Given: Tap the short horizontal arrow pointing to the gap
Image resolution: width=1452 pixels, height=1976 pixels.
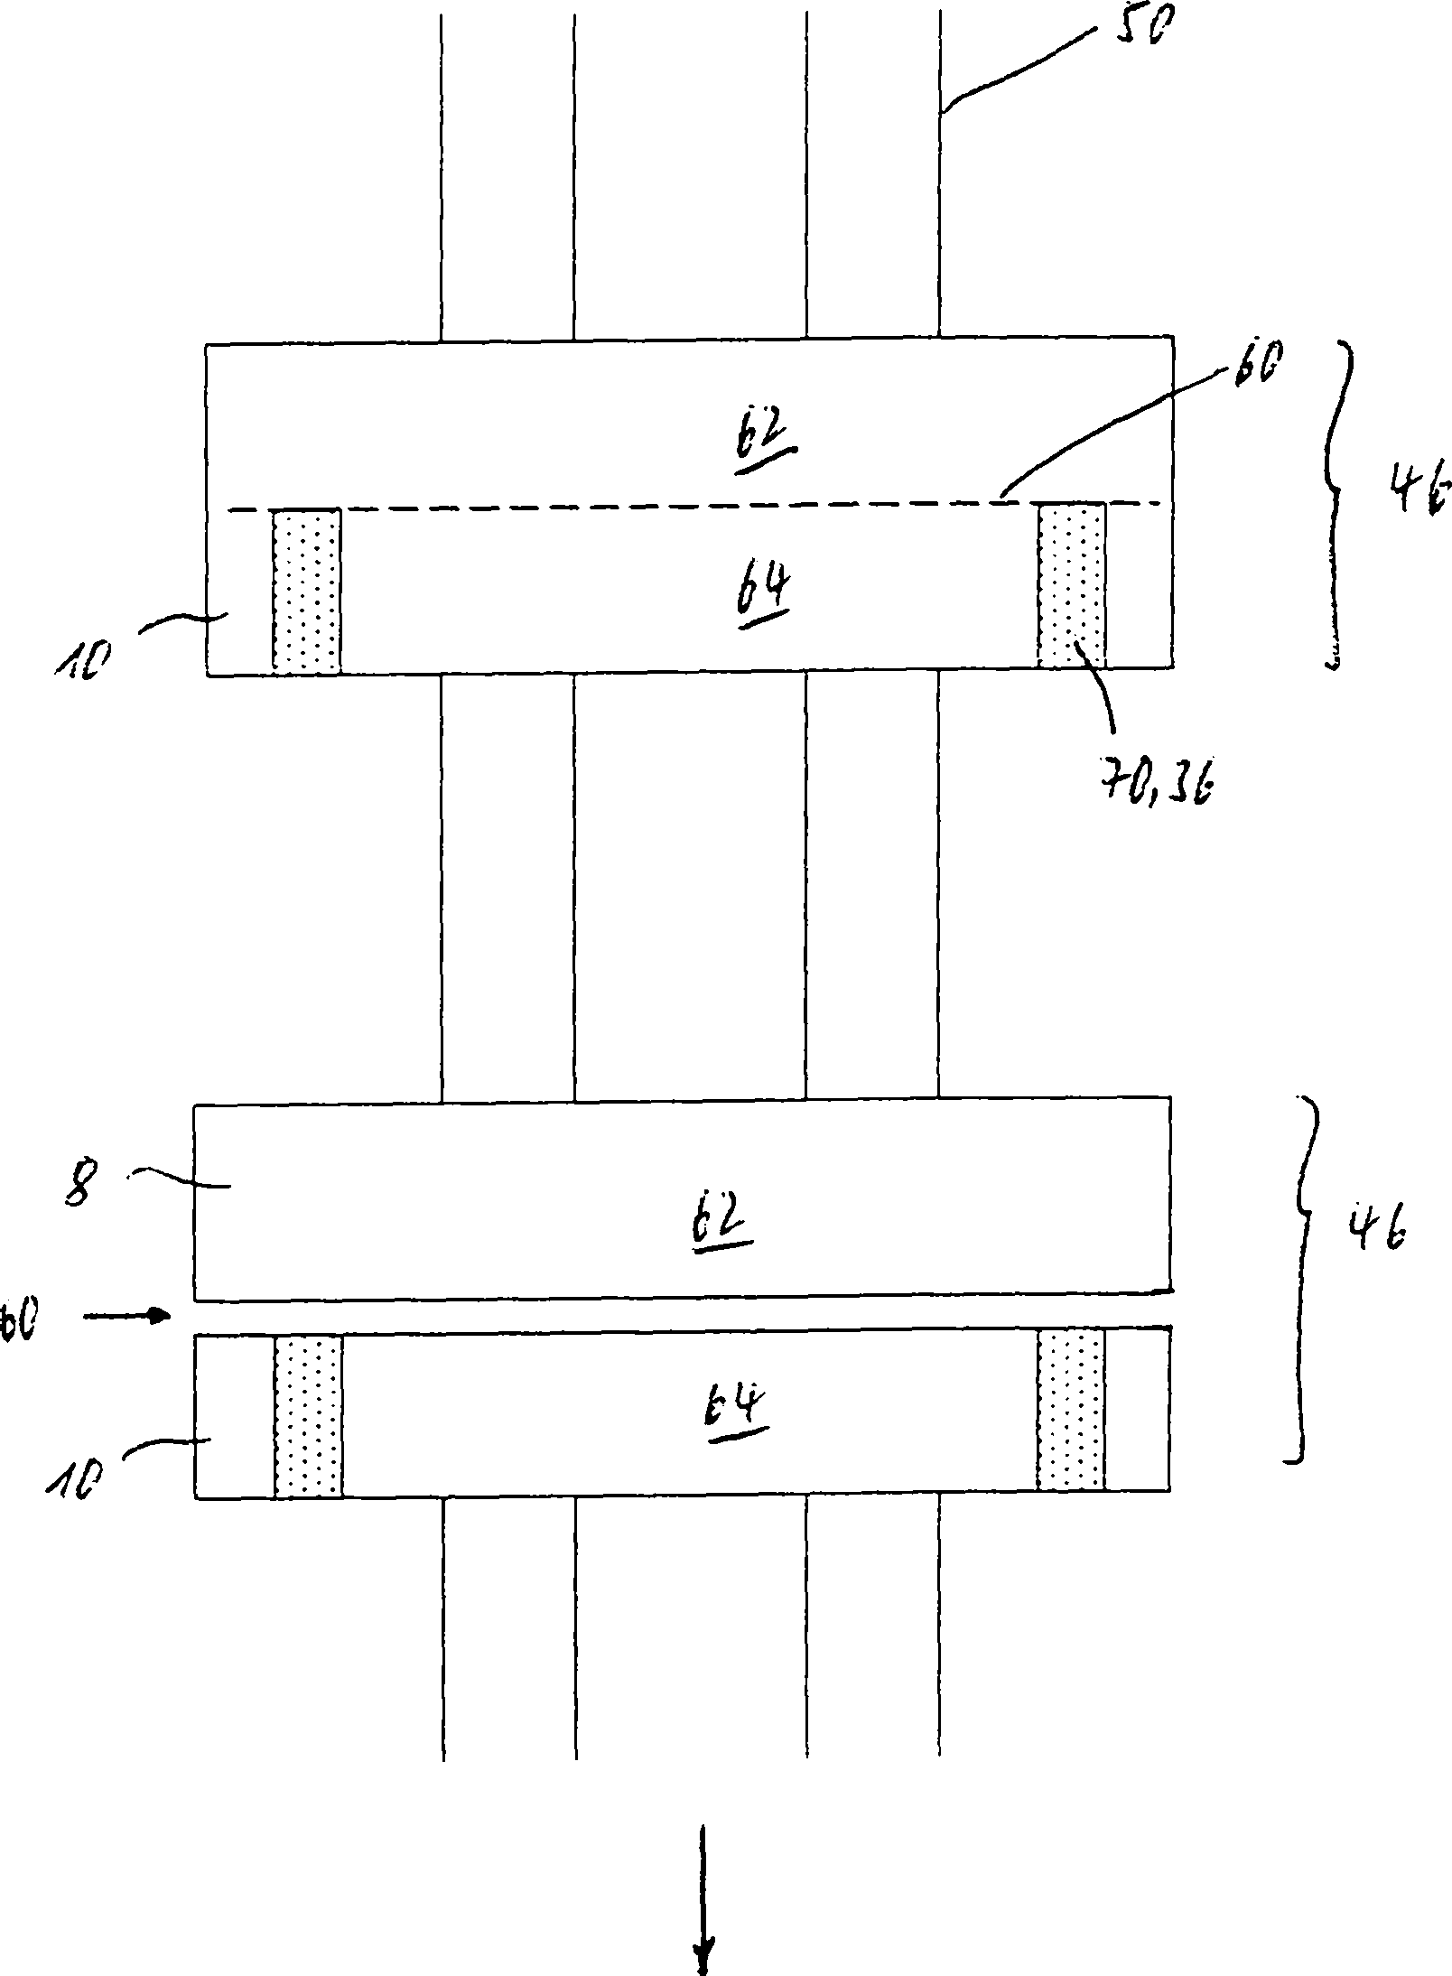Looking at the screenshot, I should click(126, 1316).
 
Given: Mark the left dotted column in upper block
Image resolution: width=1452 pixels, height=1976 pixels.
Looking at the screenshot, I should click(306, 592).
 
